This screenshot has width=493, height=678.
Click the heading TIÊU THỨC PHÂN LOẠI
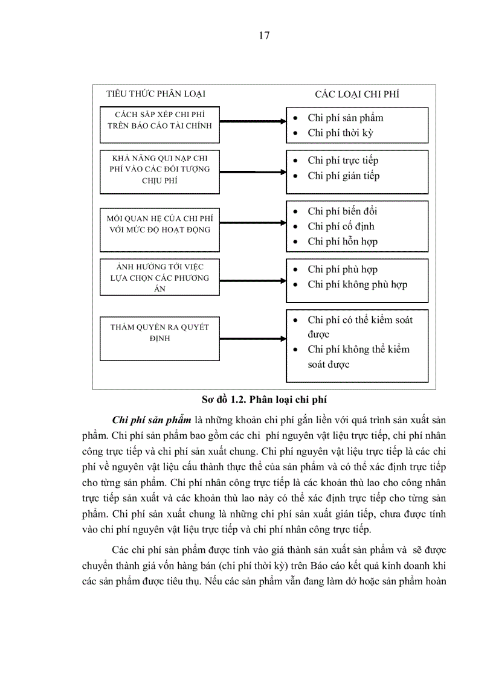tap(156, 94)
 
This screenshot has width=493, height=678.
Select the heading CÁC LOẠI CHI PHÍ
tap(356, 94)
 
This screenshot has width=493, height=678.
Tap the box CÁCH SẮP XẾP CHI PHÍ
tap(159, 121)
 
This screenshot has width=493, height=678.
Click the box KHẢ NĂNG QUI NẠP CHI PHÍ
tap(159, 170)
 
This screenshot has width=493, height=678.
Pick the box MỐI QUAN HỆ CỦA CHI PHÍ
tap(159, 223)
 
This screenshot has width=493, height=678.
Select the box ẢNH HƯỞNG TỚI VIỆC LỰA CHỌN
tap(159, 278)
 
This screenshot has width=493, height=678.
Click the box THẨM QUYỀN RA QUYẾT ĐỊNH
tap(159, 333)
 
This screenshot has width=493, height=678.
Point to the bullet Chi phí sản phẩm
tap(345, 118)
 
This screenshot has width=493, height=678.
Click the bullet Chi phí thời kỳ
tap(341, 133)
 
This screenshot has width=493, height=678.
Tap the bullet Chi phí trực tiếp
tap(343, 161)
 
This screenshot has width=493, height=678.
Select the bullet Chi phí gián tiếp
tap(343, 176)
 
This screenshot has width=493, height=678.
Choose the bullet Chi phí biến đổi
tap(343, 211)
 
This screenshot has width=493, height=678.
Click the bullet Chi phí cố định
tap(341, 226)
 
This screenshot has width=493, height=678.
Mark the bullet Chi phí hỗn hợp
tap(343, 241)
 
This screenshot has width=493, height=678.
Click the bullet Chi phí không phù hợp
tap(357, 284)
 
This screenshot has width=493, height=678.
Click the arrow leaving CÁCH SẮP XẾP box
tap(253, 121)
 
